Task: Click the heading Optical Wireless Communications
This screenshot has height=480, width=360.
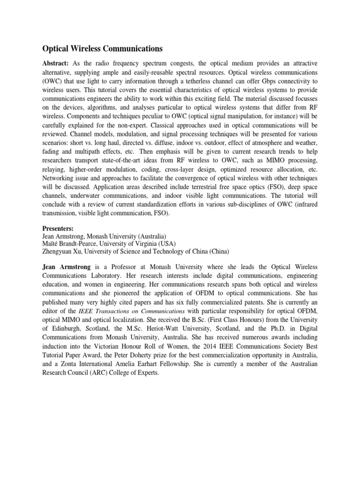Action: (x=103, y=48)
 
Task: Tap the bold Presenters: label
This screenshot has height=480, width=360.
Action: (x=59, y=228)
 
